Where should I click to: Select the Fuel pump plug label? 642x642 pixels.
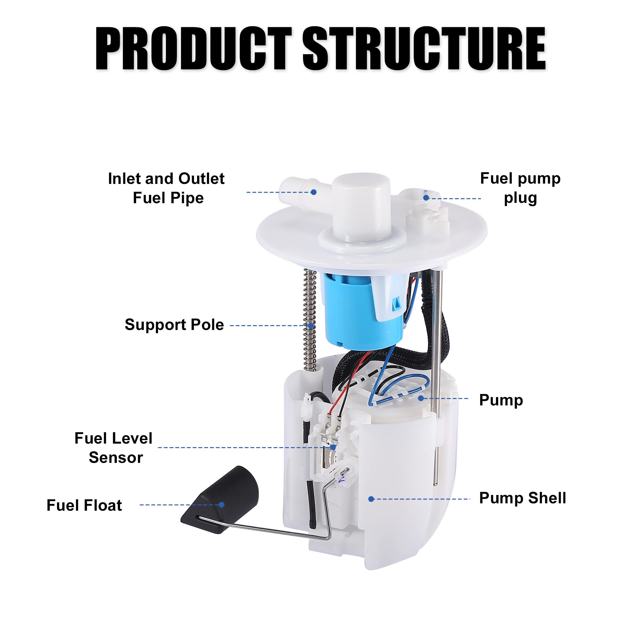coord(520,188)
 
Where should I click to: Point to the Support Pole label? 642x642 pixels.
coord(174,325)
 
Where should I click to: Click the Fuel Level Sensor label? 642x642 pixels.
coord(114,448)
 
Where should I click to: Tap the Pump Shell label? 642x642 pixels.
coord(522,498)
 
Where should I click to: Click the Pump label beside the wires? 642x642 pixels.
coord(501,400)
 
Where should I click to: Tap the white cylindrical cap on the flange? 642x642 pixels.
coord(361,206)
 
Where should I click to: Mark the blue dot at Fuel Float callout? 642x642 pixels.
coord(221,505)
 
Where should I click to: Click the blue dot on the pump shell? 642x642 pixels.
coord(371,499)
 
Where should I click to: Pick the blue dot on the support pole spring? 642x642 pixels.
coord(311,325)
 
